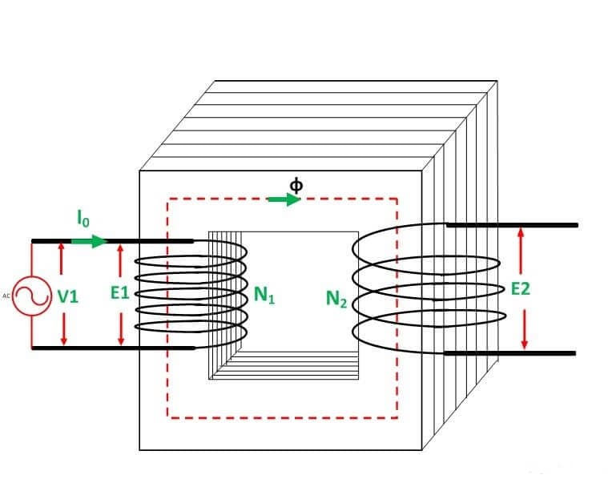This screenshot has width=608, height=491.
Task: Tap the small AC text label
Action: click(6, 296)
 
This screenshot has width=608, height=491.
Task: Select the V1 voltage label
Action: click(68, 297)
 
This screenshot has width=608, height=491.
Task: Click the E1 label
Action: click(119, 293)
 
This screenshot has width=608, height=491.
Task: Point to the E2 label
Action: click(520, 289)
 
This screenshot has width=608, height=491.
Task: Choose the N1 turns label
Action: click(264, 295)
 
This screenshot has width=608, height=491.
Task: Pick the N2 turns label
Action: click(336, 299)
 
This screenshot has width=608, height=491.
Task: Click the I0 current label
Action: click(83, 219)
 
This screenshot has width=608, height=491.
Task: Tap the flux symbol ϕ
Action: click(296, 186)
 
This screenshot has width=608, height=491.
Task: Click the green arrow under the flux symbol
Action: click(284, 199)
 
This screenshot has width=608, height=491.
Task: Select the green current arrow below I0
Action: click(89, 241)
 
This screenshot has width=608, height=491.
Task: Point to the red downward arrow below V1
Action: click(64, 329)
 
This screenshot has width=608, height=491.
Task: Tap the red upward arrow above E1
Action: click(120, 260)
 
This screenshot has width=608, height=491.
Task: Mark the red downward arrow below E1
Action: click(121, 329)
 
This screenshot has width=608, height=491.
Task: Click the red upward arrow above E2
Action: click(521, 251)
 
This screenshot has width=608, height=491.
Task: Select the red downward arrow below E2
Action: click(524, 329)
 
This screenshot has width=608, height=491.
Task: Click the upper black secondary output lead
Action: click(512, 225)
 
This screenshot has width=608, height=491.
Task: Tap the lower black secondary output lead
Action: click(510, 353)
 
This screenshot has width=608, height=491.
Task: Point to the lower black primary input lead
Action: click(113, 348)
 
